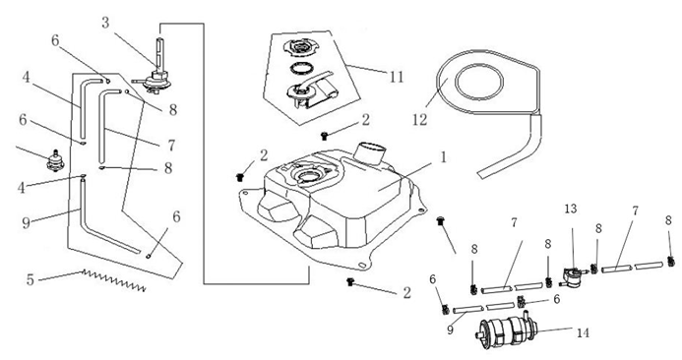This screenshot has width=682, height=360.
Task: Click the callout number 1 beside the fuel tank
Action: pyautogui.click(x=443, y=157)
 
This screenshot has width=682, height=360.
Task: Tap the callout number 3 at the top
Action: pyautogui.click(x=105, y=23)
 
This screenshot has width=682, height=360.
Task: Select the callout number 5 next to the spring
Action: pyautogui.click(x=30, y=279)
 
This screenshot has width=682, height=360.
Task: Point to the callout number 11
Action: pyautogui.click(x=397, y=77)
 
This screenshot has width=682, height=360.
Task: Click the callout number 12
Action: pyautogui.click(x=419, y=120)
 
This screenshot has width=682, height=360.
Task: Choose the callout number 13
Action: pyautogui.click(x=571, y=210)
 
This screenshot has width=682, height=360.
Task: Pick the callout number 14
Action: pyautogui.click(x=583, y=333)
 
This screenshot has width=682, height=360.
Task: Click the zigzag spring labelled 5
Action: pyautogui.click(x=114, y=280)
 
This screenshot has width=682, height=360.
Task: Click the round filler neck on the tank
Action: pyautogui.click(x=371, y=151)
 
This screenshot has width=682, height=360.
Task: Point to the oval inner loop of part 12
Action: pyautogui.click(x=479, y=82)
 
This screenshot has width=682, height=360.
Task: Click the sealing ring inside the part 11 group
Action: pyautogui.click(x=301, y=69)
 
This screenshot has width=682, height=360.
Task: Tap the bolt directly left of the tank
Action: pyautogui.click(x=239, y=176)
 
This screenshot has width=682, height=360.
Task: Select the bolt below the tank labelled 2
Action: pyautogui.click(x=349, y=282)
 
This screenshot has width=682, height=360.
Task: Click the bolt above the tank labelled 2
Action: pyautogui.click(x=324, y=136)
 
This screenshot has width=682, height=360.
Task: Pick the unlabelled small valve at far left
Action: pyautogui.click(x=56, y=161)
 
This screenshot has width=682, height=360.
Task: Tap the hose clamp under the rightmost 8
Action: pyautogui.click(x=671, y=262)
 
